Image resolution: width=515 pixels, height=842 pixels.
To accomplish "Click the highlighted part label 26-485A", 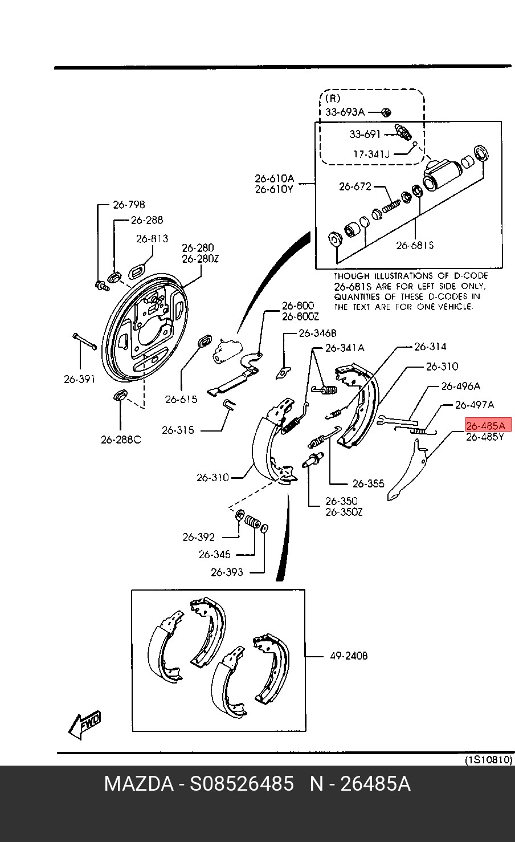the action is click(x=488, y=425).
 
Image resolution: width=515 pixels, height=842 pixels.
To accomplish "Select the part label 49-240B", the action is click(x=349, y=656).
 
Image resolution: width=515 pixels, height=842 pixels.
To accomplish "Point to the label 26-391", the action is click(x=79, y=379).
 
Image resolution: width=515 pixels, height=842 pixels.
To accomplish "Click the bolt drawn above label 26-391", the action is click(x=84, y=341).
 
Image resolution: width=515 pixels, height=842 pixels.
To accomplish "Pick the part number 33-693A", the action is click(x=345, y=112).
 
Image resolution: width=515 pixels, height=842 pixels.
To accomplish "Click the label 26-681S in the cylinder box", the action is click(x=415, y=245).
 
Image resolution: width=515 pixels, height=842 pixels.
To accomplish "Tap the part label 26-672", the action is click(x=355, y=186).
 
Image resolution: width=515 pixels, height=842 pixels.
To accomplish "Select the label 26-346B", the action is click(x=317, y=333).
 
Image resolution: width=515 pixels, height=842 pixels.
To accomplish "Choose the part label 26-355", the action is click(x=369, y=483).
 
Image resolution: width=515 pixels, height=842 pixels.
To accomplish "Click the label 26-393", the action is click(x=227, y=572).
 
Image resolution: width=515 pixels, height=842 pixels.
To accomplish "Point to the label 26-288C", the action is click(x=121, y=440).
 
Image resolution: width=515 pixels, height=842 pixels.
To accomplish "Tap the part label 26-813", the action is click(x=152, y=238).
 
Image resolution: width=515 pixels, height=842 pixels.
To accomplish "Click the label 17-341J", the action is click(x=371, y=154).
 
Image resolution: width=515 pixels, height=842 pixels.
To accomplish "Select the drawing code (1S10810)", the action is click(x=489, y=760).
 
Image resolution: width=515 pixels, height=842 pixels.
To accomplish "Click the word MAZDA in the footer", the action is click(x=138, y=784).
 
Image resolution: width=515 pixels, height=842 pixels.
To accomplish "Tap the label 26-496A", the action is click(x=460, y=386).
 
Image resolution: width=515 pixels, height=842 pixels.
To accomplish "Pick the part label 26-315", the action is click(x=178, y=430).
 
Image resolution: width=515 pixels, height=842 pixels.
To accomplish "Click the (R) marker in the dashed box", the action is click(x=333, y=98).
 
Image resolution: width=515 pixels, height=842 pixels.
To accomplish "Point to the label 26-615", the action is click(x=181, y=399).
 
